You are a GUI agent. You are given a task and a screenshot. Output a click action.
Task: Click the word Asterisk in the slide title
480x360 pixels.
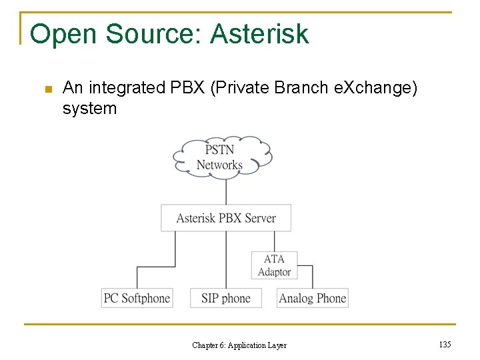click(259, 34)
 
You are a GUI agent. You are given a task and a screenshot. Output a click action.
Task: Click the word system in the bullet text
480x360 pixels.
click(89, 108)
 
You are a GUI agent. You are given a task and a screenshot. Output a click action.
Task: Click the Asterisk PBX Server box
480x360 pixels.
click(225, 218)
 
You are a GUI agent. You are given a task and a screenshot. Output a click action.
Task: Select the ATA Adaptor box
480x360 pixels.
click(274, 265)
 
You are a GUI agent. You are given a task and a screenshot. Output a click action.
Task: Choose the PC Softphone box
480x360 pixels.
click(137, 298)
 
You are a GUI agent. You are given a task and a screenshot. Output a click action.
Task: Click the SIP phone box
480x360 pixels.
click(225, 298)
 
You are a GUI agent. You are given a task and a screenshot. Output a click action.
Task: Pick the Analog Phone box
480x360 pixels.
click(313, 298)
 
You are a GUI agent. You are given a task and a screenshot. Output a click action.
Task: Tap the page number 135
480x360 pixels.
click(445, 344)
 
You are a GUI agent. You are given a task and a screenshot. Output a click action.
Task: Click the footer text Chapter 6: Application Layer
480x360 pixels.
click(239, 345)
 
